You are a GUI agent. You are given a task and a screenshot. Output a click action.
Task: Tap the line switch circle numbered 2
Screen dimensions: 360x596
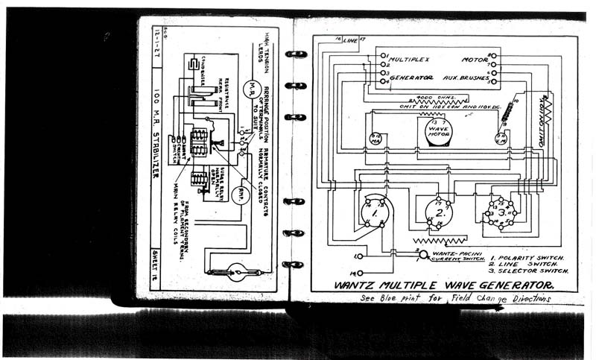439,212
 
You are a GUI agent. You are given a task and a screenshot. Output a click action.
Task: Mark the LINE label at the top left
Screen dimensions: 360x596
350,41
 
